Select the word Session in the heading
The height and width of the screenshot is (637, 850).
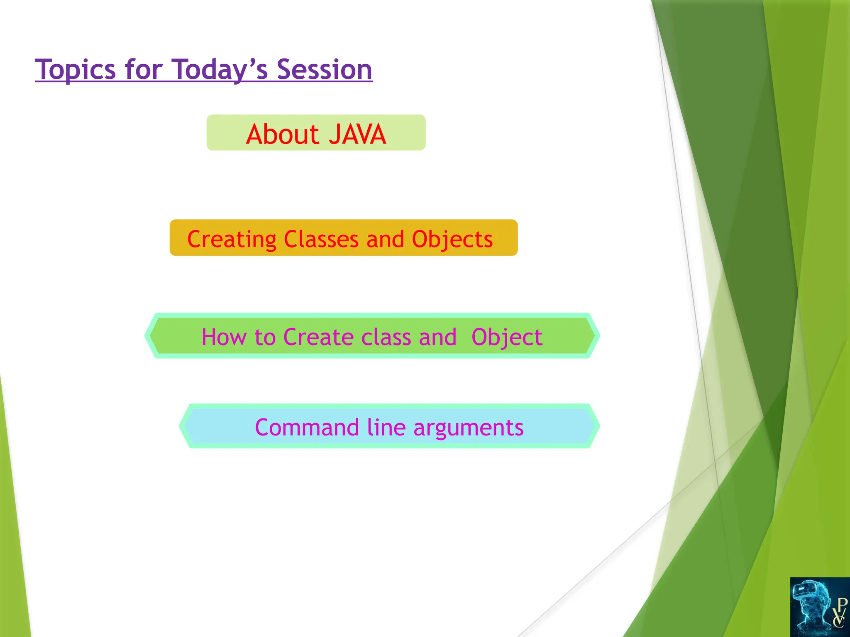click(324, 69)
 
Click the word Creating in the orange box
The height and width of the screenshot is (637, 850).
click(232, 239)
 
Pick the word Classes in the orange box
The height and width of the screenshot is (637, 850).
click(321, 239)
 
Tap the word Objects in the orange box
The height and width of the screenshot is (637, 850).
click(452, 239)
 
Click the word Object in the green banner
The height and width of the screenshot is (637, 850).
click(507, 337)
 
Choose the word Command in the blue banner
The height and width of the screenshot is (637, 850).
click(307, 427)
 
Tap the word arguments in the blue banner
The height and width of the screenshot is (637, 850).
click(469, 427)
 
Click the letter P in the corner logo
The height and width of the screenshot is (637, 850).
click(842, 603)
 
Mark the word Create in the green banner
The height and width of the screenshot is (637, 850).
click(318, 337)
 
